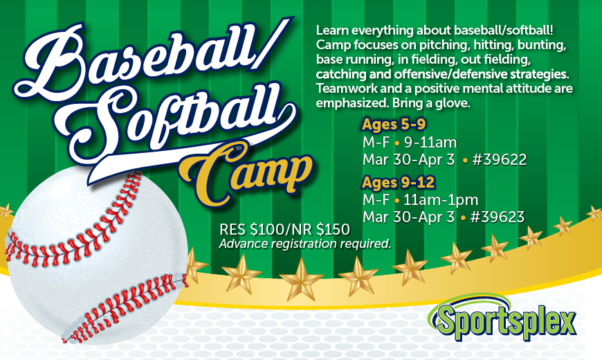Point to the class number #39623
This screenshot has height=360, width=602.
496,217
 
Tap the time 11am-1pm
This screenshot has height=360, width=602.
441,200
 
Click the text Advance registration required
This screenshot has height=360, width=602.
305,244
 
